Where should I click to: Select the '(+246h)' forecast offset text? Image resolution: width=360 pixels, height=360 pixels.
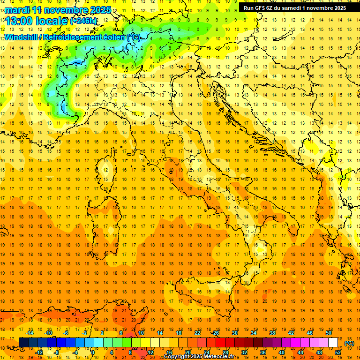pyautogui.click(x=83, y=21)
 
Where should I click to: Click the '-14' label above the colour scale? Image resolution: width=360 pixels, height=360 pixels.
pyautogui.click(x=30, y=333)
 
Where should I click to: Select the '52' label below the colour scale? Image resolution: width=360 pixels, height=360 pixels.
pyautogui.click(x=338, y=352)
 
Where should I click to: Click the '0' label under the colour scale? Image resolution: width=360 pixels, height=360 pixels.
pyautogui.click(x=93, y=352)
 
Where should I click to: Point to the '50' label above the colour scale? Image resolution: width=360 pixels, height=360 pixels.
pyautogui.click(x=328, y=333)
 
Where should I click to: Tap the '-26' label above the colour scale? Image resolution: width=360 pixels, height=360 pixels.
pyautogui.click(x=215, y=333)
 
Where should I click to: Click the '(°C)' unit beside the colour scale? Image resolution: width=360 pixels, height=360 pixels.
pyautogui.click(x=349, y=343)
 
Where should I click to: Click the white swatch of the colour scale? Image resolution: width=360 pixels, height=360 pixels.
pyautogui.click(x=333, y=343)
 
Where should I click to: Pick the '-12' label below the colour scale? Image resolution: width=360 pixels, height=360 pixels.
pyautogui.click(x=39, y=352)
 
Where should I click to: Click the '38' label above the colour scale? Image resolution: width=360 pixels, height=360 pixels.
pyautogui.click(x=272, y=333)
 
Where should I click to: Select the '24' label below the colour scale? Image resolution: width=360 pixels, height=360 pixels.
pyautogui.click(x=206, y=352)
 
